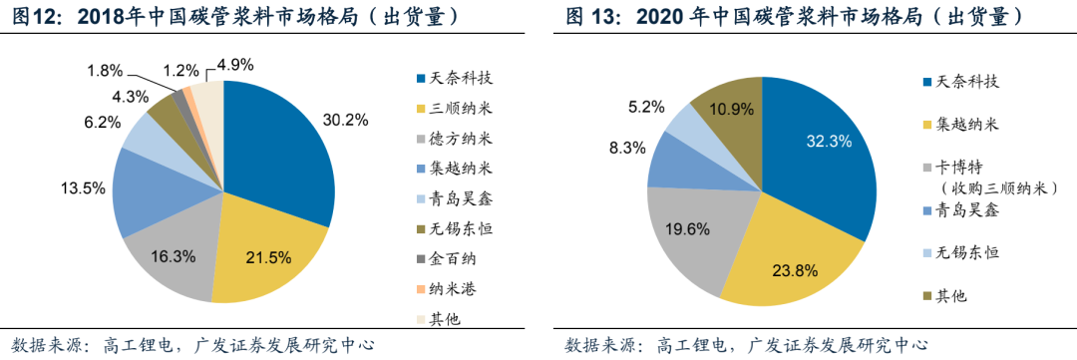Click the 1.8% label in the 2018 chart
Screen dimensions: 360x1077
[x=105, y=71]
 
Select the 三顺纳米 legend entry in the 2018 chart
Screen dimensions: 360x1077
[x=459, y=108]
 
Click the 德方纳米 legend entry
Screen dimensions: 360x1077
[x=459, y=138]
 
